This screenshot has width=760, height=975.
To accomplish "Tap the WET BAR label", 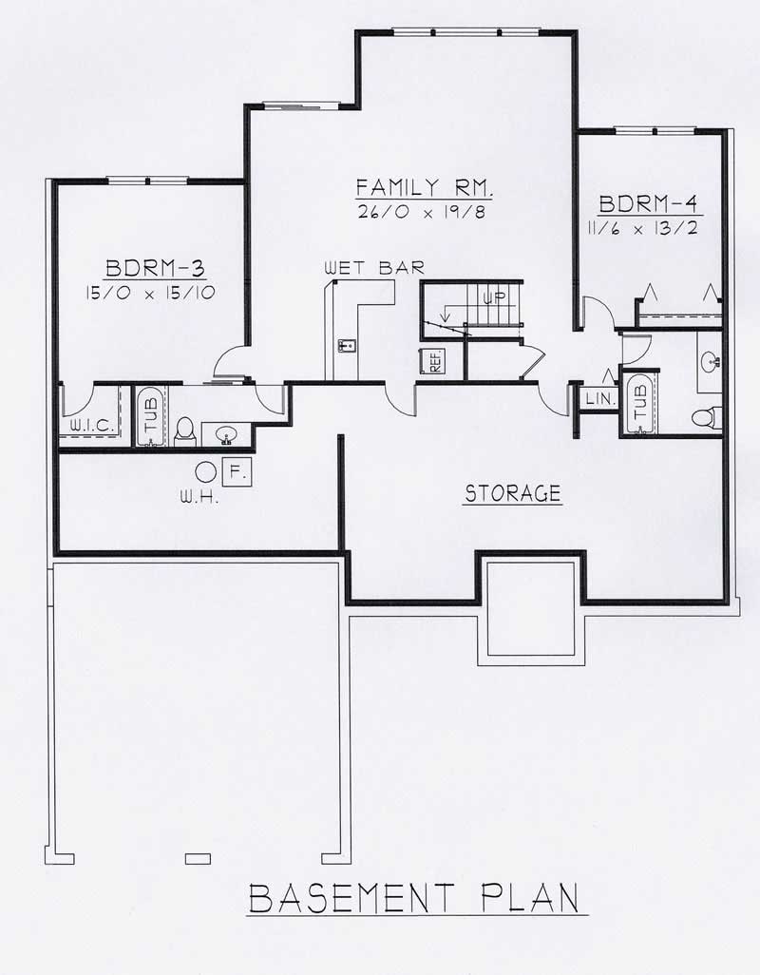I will [x=373, y=269].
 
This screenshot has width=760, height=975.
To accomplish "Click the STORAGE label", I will [x=513, y=493].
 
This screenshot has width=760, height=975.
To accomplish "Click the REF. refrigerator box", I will [x=433, y=362].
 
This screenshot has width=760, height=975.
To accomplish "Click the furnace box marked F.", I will [x=237, y=469].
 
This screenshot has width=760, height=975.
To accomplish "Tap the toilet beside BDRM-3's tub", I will [x=185, y=430].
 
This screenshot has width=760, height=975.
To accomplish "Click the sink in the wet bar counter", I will [x=346, y=344].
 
